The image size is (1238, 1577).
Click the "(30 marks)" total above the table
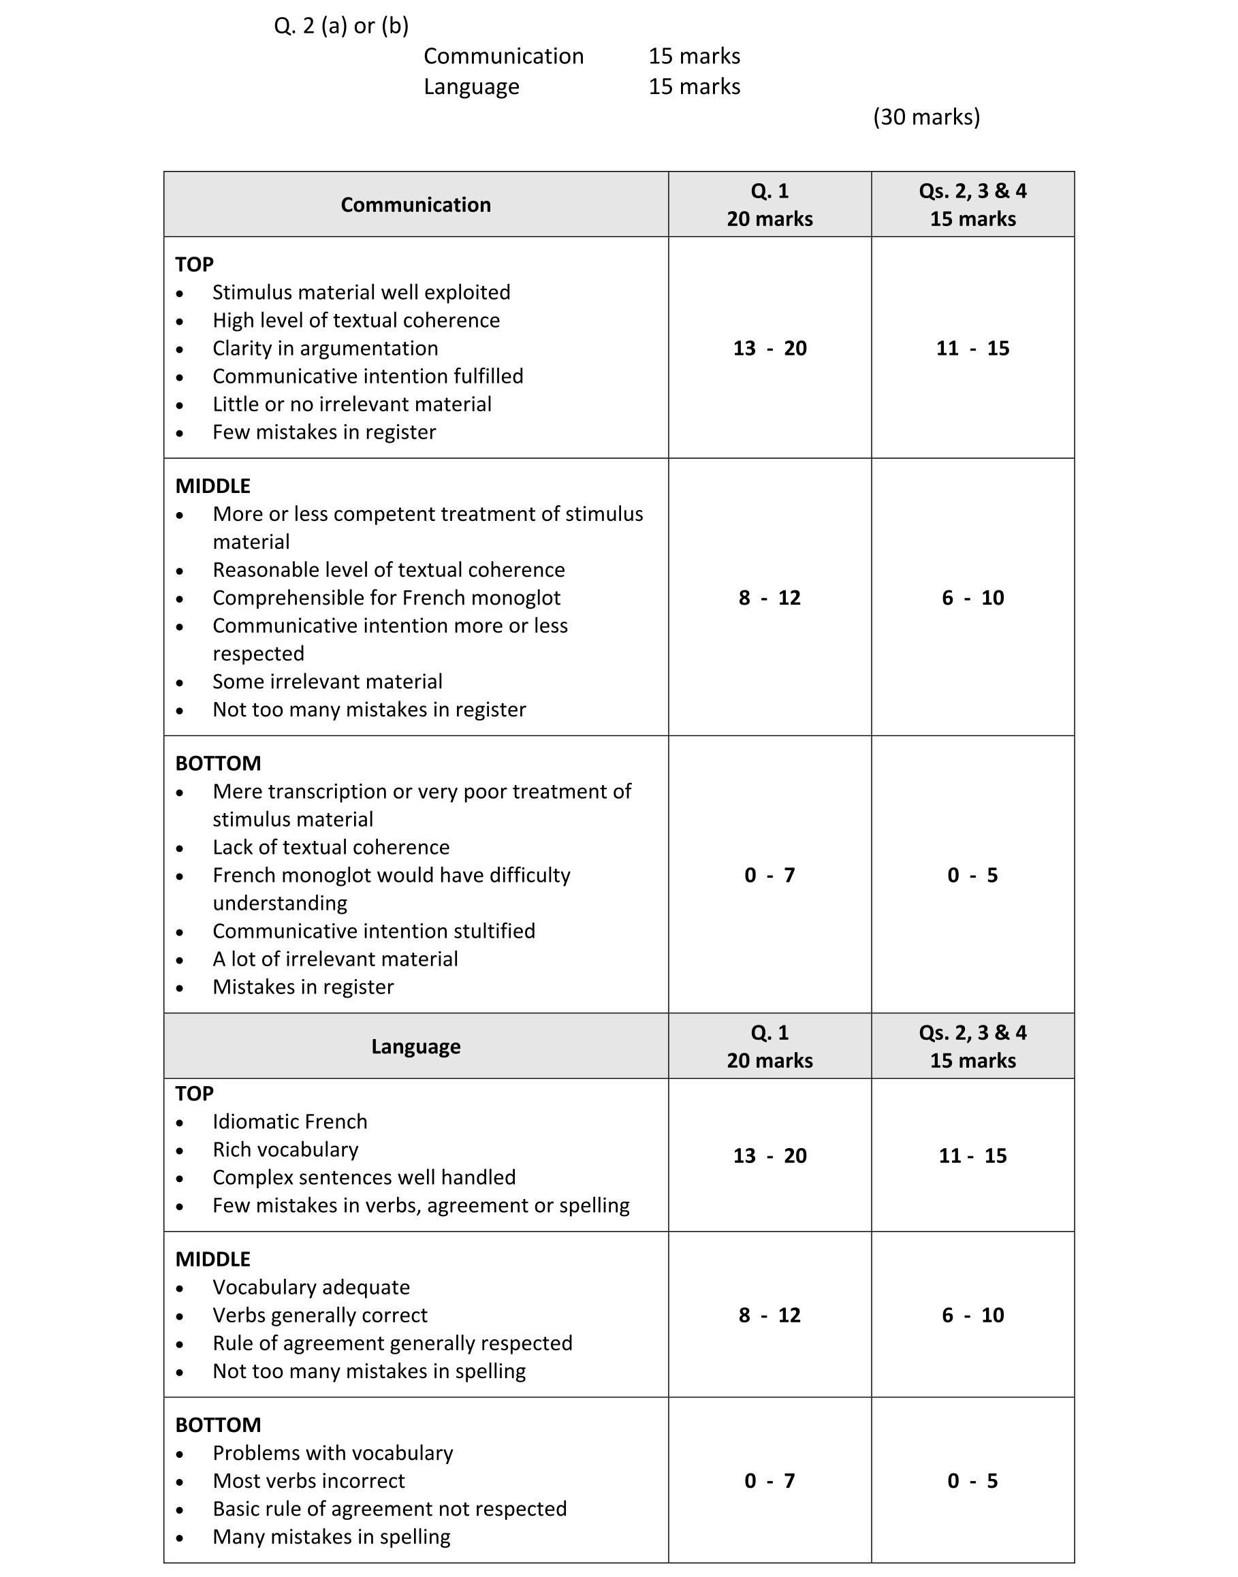pyautogui.click(x=925, y=116)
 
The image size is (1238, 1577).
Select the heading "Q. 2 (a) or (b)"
pyautogui.click(x=340, y=26)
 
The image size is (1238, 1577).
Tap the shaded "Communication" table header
pyautogui.click(x=415, y=205)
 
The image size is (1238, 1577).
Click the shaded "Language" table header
pyautogui.click(x=415, y=1047)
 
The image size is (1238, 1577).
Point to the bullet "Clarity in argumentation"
pyautogui.click(x=325, y=349)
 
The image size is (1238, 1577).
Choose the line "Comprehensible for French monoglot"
pyautogui.click(x=386, y=598)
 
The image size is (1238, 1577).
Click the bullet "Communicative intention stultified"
pyautogui.click(x=373, y=931)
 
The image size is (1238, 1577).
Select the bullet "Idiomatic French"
pyautogui.click(x=289, y=1122)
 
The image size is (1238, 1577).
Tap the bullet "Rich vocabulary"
pyautogui.click(x=285, y=1150)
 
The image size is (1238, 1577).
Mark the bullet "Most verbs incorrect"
pyautogui.click(x=308, y=1482)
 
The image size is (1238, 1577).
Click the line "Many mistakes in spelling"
pyautogui.click(x=331, y=1537)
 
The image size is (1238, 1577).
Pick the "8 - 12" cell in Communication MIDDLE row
pyautogui.click(x=769, y=598)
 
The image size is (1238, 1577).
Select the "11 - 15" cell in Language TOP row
pyautogui.click(x=972, y=1156)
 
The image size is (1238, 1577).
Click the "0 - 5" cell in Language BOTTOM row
pyautogui.click(x=972, y=1482)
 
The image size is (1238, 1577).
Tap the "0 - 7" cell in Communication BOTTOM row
pyautogui.click(x=769, y=876)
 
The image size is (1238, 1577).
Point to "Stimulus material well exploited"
pyautogui.click(x=361, y=293)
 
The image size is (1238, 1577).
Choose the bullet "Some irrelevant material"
pyautogui.click(x=327, y=682)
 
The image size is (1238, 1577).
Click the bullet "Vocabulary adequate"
pyautogui.click(x=311, y=1288)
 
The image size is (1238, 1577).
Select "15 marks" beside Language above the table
pyautogui.click(x=694, y=87)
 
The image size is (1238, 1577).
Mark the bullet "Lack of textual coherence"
pyautogui.click(x=330, y=848)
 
